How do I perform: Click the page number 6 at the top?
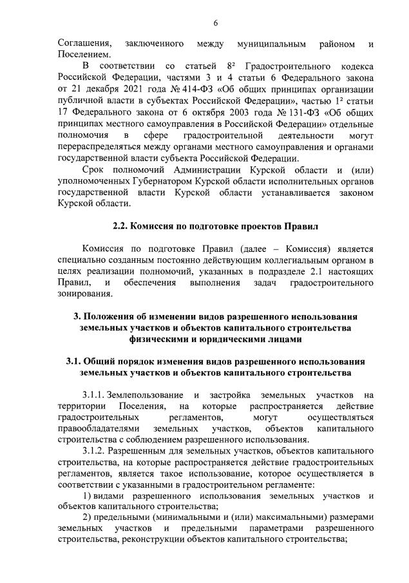(x=215, y=23)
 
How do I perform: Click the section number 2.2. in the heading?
(x=120, y=226)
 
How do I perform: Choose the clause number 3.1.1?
(x=95, y=394)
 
